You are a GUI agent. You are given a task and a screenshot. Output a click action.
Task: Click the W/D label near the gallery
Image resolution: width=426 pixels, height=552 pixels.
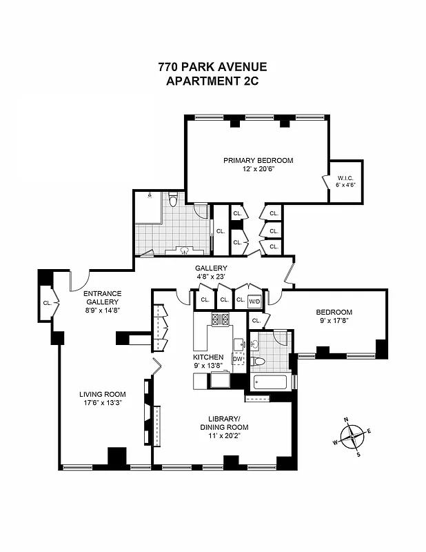(254, 300)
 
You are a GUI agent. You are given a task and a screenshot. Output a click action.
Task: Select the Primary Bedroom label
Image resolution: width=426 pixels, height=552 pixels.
(258, 160)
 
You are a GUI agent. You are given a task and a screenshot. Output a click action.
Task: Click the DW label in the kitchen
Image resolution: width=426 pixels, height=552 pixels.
(238, 358)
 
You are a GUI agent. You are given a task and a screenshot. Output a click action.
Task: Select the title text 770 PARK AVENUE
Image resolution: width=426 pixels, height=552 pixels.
(212, 67)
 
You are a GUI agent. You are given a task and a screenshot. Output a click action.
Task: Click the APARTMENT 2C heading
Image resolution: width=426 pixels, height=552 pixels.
(212, 81)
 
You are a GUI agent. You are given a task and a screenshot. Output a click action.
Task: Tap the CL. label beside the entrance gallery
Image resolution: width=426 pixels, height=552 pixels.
(48, 302)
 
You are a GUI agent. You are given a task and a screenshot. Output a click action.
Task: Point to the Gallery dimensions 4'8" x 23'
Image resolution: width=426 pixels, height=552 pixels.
(211, 277)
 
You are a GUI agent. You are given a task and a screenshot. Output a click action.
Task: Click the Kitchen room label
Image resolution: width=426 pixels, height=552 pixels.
(207, 357)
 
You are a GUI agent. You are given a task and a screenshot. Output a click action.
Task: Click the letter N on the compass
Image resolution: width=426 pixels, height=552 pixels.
(346, 420)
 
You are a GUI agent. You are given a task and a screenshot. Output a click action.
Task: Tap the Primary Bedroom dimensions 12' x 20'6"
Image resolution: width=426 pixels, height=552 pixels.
(258, 169)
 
